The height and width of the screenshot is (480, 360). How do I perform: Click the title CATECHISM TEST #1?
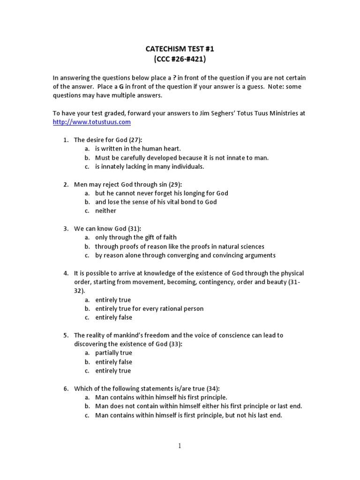pos(180,49)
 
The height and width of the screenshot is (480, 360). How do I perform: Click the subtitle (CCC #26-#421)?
pos(180,60)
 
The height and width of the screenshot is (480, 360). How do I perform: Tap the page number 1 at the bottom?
pos(180,446)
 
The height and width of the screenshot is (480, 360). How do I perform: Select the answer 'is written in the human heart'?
pos(138,149)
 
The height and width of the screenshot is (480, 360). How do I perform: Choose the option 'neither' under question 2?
pos(105,211)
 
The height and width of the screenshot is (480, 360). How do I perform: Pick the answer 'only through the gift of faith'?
pos(135,238)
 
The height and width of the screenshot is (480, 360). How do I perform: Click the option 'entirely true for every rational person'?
pos(149,309)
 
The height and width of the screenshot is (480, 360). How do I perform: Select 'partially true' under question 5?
pos(113,353)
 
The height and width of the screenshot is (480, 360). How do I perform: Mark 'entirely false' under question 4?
pos(113,317)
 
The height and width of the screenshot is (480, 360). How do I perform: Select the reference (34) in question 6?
pos(212,389)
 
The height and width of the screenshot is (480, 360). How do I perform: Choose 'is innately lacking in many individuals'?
pos(150,166)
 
